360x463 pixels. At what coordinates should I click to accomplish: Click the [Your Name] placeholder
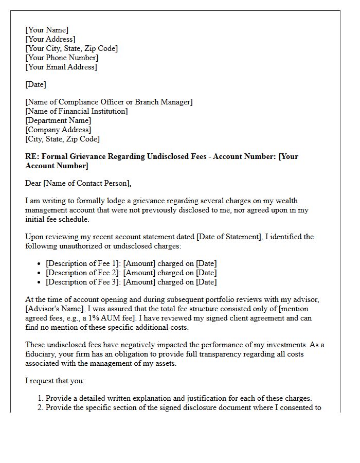pyautogui.click(x=47, y=30)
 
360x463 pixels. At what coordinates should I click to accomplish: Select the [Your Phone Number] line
pyautogui.click(x=62, y=58)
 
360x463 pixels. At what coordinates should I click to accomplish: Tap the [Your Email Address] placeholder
pyautogui.click(x=61, y=67)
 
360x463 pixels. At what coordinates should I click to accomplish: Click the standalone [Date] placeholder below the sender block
pyautogui.click(x=35, y=84)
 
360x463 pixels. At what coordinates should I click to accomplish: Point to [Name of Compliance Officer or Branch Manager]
pyautogui.click(x=109, y=102)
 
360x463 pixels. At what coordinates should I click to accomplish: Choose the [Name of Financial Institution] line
pyautogui.click(x=77, y=111)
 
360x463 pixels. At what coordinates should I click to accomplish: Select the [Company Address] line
pyautogui.click(x=58, y=130)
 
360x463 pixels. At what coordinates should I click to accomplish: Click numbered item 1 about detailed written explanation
pyautogui.click(x=178, y=398)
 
